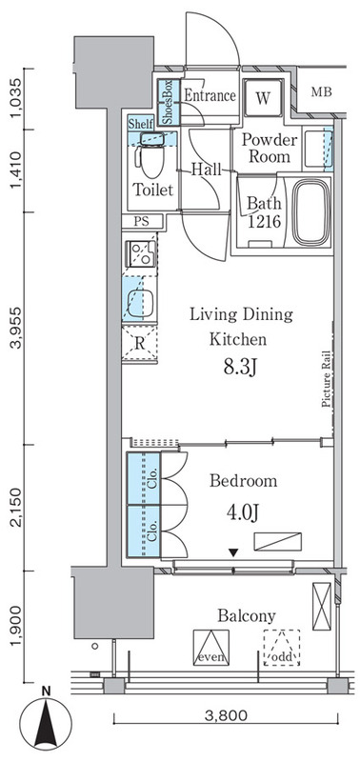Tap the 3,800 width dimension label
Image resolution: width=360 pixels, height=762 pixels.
(226, 715)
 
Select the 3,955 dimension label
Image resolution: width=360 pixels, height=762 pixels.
(18, 328)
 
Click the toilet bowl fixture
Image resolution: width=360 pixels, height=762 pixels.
(151, 155)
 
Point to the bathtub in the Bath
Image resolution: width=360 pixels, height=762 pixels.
(310, 211)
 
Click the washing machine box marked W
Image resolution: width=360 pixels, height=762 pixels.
(262, 97)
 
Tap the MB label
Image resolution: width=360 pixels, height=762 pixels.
(321, 91)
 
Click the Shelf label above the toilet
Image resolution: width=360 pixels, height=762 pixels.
(140, 124)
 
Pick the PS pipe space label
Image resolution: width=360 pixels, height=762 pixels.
(142, 222)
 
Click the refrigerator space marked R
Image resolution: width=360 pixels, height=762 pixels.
(139, 343)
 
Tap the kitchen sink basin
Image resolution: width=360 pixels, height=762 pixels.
(141, 302)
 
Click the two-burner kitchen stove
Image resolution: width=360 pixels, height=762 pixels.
(140, 253)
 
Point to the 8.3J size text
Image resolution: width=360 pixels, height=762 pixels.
(239, 368)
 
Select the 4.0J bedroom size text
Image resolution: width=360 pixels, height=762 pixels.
(242, 511)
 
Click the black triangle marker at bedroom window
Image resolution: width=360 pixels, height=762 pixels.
(233, 552)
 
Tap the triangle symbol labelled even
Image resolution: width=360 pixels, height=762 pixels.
(210, 648)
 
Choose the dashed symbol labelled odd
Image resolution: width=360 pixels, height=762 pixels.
(282, 648)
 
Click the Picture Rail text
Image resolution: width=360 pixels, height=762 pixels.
(326, 378)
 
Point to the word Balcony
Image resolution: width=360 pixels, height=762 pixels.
(247, 616)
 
